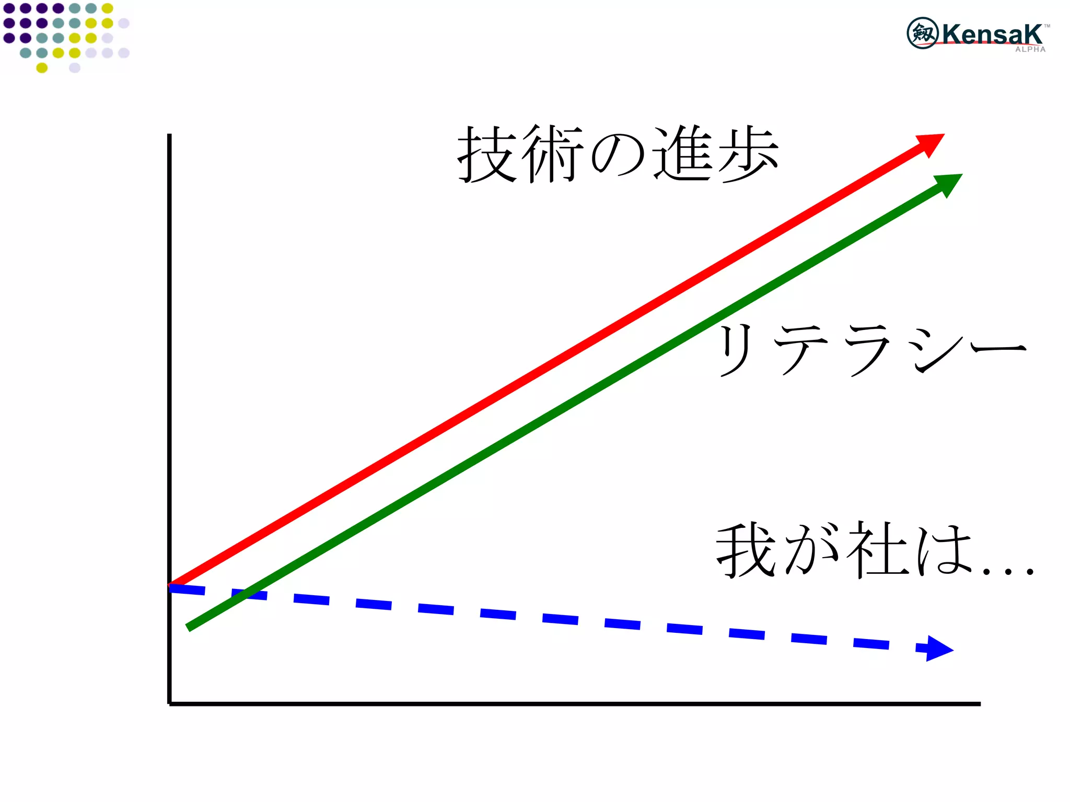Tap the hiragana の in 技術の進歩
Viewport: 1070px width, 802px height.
pos(617,156)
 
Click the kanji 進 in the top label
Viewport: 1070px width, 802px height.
pos(682,155)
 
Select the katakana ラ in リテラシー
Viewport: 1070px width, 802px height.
pos(867,349)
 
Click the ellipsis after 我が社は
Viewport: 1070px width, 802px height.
pos(1007,571)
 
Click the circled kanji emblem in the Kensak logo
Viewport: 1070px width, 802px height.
pos(922,33)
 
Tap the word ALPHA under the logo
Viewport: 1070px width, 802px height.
pos(1030,50)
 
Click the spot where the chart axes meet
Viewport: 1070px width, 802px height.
pos(169,704)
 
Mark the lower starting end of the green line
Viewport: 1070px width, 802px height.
pos(189,628)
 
